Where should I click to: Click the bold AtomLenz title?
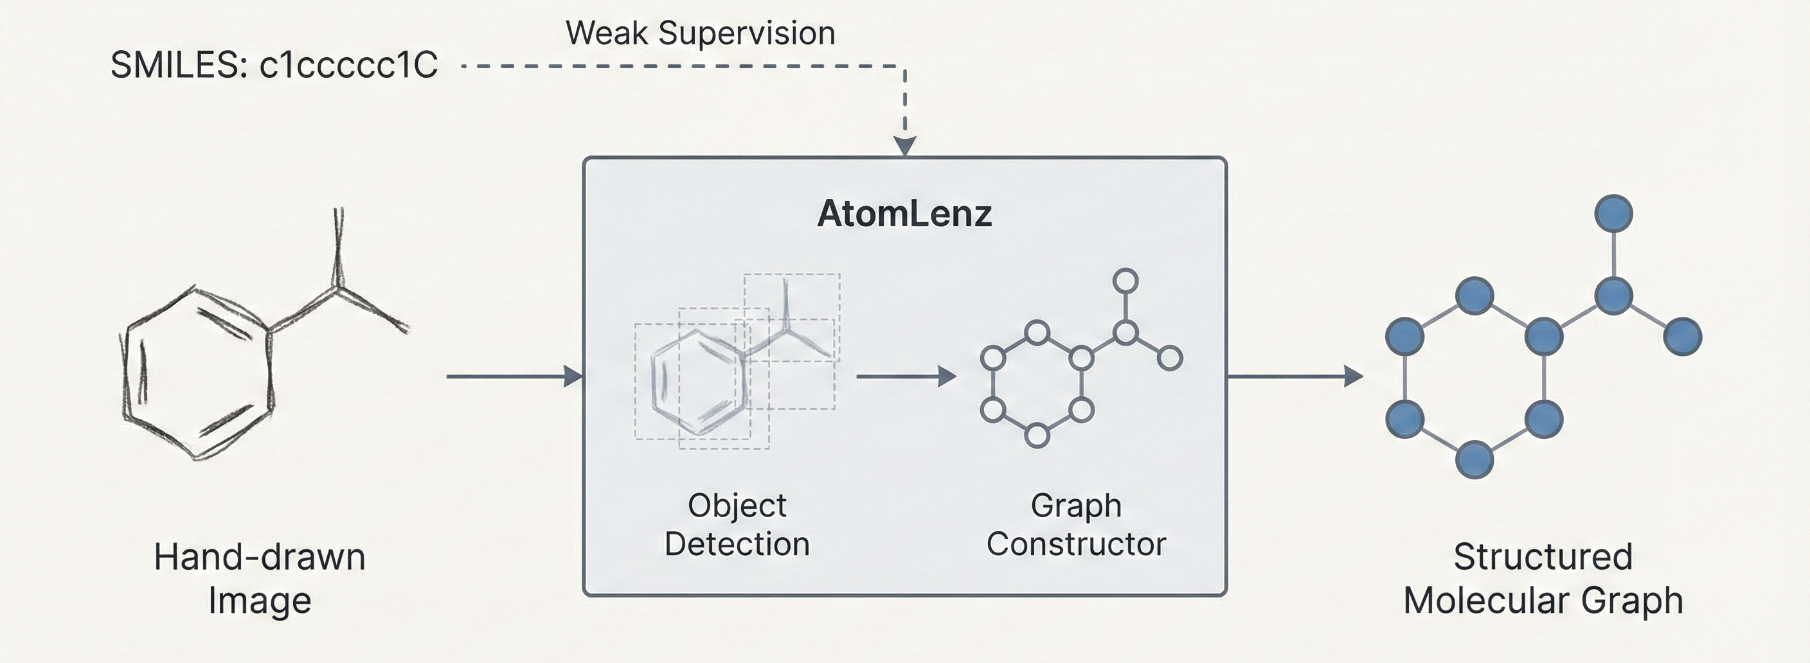(x=904, y=213)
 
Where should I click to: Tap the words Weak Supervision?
(x=700, y=33)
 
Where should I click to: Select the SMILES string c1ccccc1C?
(x=348, y=66)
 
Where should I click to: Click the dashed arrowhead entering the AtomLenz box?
(x=905, y=145)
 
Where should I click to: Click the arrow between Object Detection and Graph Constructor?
(x=906, y=376)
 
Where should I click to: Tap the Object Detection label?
(x=737, y=525)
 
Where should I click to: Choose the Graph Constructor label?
(x=1076, y=525)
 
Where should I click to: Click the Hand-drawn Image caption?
(x=260, y=579)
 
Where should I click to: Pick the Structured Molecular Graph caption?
(x=1543, y=579)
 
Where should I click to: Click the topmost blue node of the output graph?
(x=1613, y=213)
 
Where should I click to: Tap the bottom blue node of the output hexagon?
(x=1474, y=460)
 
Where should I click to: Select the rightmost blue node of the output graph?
(x=1683, y=337)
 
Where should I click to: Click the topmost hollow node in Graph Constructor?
(x=1125, y=281)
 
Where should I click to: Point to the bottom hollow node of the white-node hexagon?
(x=1037, y=436)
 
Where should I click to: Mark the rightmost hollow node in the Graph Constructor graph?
(x=1169, y=358)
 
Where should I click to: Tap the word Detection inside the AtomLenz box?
(x=737, y=544)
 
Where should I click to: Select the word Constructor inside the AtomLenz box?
(x=1076, y=544)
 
